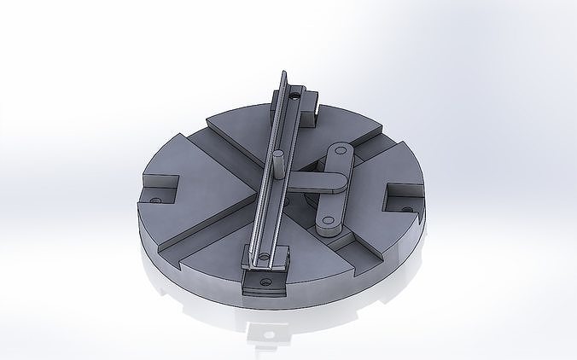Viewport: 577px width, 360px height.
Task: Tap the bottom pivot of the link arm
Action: pos(326,226)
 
